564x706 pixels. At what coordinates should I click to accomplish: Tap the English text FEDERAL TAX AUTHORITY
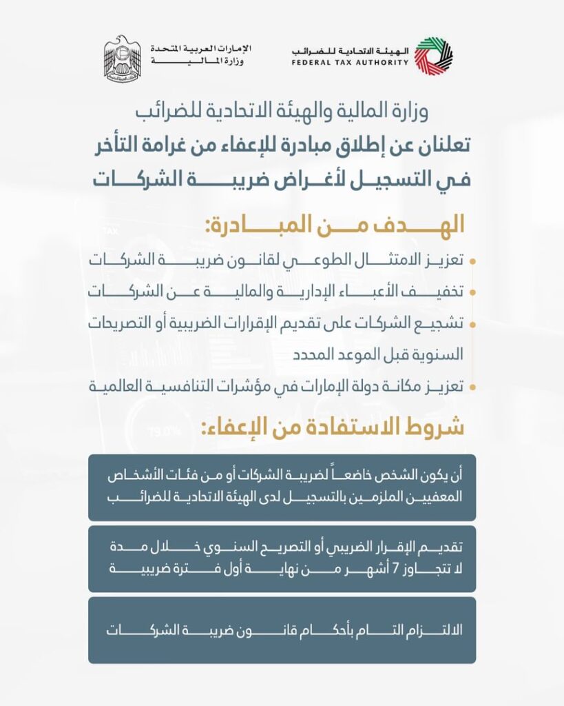(x=350, y=63)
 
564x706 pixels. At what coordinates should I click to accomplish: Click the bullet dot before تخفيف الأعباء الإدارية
(x=472, y=292)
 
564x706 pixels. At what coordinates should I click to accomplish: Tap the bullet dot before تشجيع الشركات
(x=472, y=323)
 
